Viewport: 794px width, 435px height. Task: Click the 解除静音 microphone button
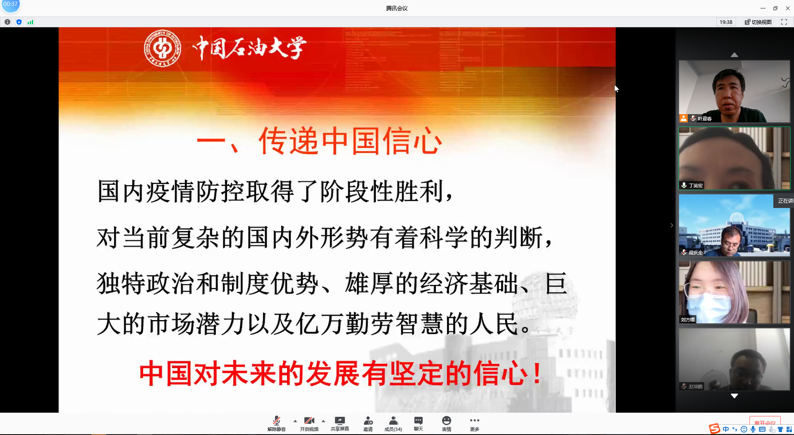tap(276, 423)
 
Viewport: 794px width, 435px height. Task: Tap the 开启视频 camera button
tap(309, 423)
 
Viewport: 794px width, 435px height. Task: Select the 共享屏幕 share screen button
tap(340, 423)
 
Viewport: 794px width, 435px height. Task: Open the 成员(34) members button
tap(393, 423)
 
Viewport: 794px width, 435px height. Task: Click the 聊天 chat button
tap(419, 423)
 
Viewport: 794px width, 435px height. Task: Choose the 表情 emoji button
tap(447, 423)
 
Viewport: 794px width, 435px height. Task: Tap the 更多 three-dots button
tap(475, 423)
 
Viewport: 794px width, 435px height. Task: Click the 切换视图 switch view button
tap(758, 22)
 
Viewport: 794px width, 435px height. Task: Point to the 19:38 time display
tap(726, 22)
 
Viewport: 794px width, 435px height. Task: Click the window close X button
tap(788, 8)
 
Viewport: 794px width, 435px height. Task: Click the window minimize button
tap(763, 8)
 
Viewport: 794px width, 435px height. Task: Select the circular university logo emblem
tap(163, 48)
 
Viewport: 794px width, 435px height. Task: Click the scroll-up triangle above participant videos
tap(734, 55)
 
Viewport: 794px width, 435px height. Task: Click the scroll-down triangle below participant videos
tap(734, 396)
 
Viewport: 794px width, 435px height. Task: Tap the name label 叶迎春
tap(705, 119)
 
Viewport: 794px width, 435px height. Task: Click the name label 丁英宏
tap(696, 186)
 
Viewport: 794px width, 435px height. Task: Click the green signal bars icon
tap(31, 22)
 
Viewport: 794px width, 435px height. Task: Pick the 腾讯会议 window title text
tap(397, 8)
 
